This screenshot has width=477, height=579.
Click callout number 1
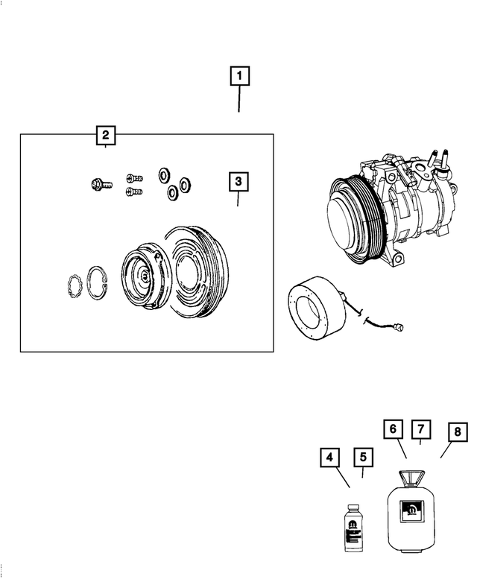pos(239,75)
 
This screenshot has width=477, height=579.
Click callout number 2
pos(106,135)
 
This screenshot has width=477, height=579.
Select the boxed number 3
pos(238,181)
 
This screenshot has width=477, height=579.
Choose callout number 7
pos(421,429)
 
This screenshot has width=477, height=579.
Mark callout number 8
pos(456,432)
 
